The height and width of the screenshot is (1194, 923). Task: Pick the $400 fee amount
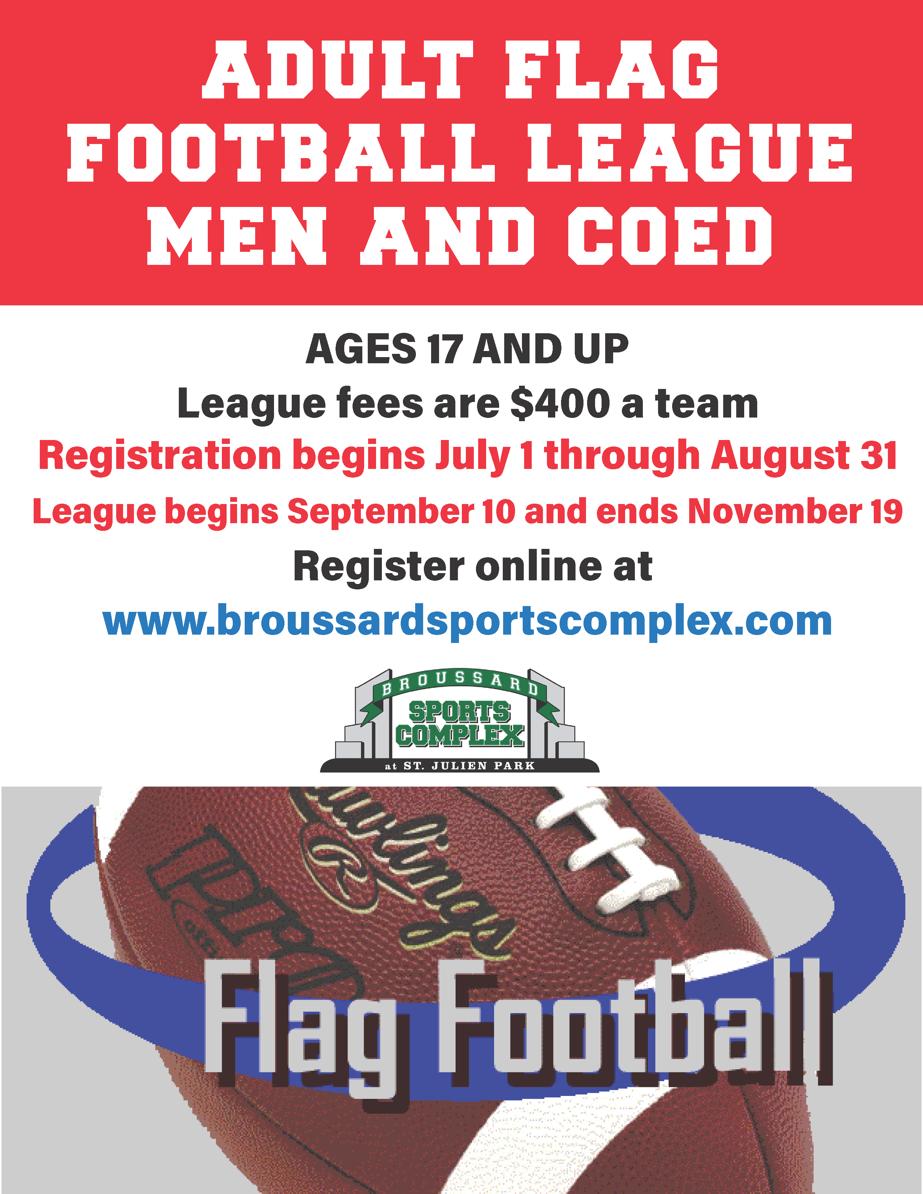point(560,403)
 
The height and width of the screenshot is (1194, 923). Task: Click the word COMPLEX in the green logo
point(460,736)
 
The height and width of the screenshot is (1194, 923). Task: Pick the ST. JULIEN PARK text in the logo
point(469,766)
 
